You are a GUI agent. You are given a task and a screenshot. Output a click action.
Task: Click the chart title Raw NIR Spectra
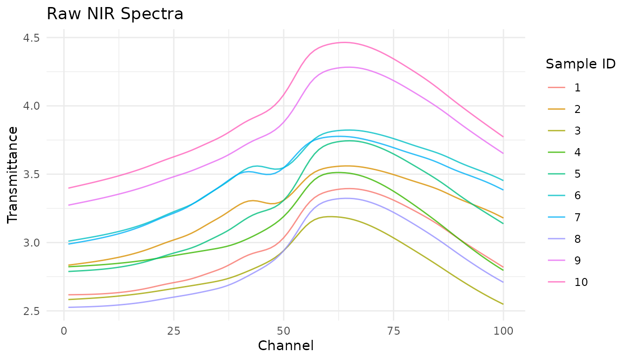click(115, 14)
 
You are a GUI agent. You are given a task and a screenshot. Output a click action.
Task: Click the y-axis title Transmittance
click(14, 174)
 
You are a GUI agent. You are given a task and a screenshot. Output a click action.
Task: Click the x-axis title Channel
click(285, 346)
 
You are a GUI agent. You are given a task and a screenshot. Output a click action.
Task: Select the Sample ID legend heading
click(580, 64)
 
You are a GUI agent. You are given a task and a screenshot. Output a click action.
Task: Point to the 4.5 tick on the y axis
click(31, 37)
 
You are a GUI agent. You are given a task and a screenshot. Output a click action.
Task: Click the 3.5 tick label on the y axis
click(31, 174)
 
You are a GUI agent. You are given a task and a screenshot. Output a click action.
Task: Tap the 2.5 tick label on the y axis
click(31, 311)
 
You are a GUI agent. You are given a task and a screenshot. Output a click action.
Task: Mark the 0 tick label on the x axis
click(64, 331)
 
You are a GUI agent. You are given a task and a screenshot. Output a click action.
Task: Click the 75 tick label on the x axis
click(393, 331)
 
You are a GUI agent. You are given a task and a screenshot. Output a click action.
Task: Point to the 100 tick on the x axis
click(503, 331)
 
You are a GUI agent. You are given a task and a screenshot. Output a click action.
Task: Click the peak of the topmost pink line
click(344, 42)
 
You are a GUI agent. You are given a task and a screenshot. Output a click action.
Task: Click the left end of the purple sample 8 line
click(68, 307)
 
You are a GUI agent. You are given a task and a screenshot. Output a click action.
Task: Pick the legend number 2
click(577, 109)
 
